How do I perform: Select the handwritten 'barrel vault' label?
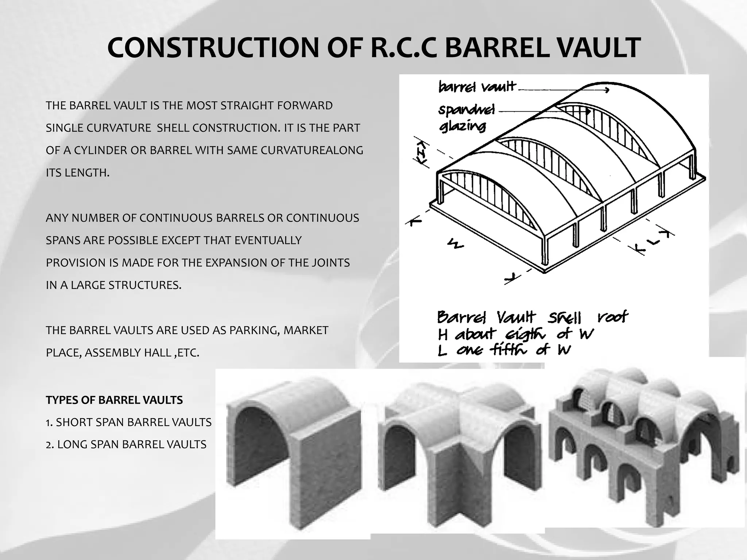coord(477,87)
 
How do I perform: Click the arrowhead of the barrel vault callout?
coord(607,90)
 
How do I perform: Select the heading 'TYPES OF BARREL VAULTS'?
coord(114,400)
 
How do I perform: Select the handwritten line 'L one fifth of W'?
coord(504,350)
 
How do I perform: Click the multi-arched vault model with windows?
coord(646,437)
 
